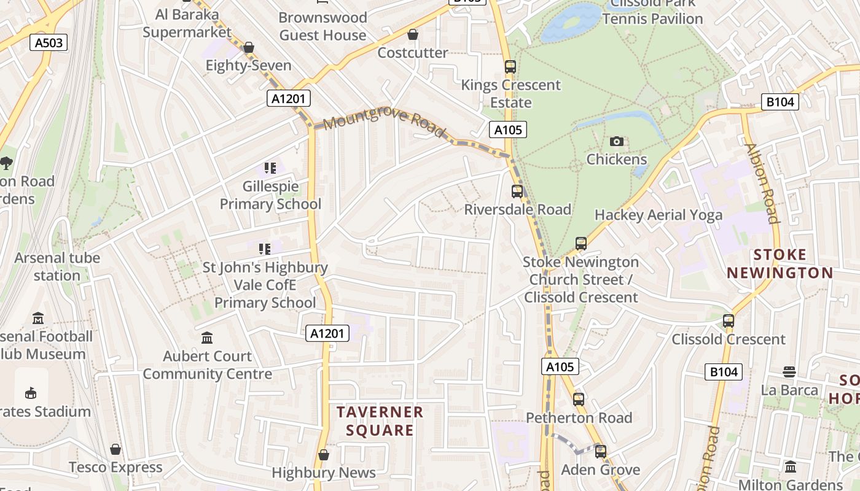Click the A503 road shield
tap(49, 42)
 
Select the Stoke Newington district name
tap(780, 264)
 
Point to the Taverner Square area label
tap(380, 420)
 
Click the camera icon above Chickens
tap(617, 142)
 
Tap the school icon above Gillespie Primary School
tap(270, 168)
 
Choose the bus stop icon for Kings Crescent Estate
tap(510, 66)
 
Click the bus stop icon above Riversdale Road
tap(517, 191)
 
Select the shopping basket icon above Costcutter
tap(413, 34)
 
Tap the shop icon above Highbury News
tap(324, 455)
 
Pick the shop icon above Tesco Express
tap(115, 449)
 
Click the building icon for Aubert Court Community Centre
tap(207, 338)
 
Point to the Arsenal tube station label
tap(57, 266)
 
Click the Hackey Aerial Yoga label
tap(659, 215)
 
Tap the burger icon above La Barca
tap(789, 372)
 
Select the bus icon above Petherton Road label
tap(578, 400)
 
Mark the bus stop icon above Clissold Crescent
tap(729, 321)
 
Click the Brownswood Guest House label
tap(323, 26)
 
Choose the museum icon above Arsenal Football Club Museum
tap(38, 319)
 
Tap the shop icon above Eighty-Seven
tap(249, 47)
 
